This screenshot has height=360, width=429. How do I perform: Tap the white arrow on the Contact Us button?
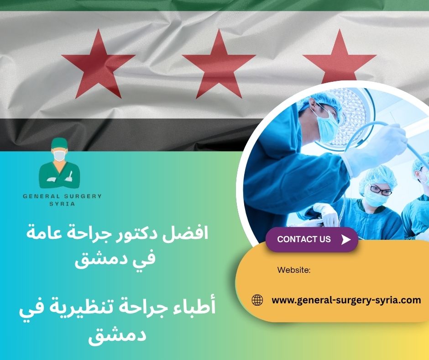pos(346,239)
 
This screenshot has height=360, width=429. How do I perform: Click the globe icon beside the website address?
pos(257,300)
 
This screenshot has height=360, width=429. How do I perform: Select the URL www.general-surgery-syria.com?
pos(346,300)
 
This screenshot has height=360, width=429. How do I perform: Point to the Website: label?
pos(294,270)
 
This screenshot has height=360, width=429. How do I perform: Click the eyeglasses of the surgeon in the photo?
pos(380,190)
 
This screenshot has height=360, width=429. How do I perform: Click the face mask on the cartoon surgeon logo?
pos(59,156)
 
